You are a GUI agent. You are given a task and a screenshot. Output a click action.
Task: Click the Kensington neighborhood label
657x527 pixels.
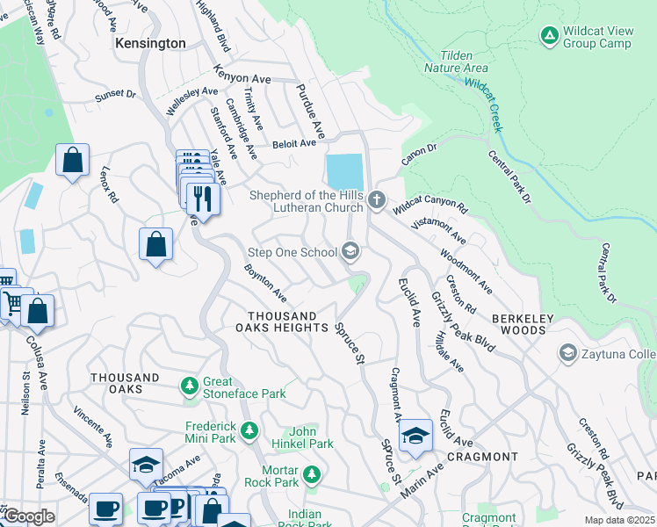(x=150, y=43)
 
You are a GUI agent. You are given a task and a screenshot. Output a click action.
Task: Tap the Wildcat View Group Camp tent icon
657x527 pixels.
(x=549, y=35)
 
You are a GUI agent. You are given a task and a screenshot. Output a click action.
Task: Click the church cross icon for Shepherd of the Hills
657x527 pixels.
(x=377, y=200)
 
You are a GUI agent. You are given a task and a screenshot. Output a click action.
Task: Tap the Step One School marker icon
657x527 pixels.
(x=350, y=253)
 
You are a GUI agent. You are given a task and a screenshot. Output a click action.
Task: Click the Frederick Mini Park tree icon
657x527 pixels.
(x=250, y=430)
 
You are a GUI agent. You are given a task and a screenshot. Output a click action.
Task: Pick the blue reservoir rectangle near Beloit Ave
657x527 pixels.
(x=343, y=170)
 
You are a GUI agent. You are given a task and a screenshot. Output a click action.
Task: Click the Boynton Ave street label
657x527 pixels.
(x=265, y=283)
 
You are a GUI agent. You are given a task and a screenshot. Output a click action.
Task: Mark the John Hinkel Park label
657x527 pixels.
(x=311, y=437)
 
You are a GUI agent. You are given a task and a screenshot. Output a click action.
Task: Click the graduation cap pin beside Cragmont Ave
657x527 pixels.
(x=415, y=436)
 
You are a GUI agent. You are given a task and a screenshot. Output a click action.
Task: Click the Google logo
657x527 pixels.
(x=28, y=516)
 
